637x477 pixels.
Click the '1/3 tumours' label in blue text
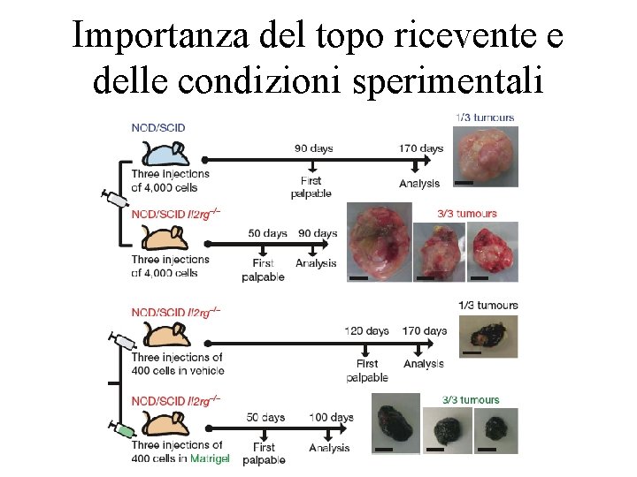(484, 117)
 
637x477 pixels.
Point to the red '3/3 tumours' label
(467, 213)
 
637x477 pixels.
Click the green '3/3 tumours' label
(471, 399)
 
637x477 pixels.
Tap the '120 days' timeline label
(366, 331)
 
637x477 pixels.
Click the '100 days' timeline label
(331, 417)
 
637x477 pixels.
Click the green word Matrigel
(210, 458)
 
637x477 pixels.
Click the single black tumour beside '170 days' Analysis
(484, 337)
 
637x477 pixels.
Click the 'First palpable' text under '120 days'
(366, 370)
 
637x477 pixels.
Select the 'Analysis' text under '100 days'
(330, 448)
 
